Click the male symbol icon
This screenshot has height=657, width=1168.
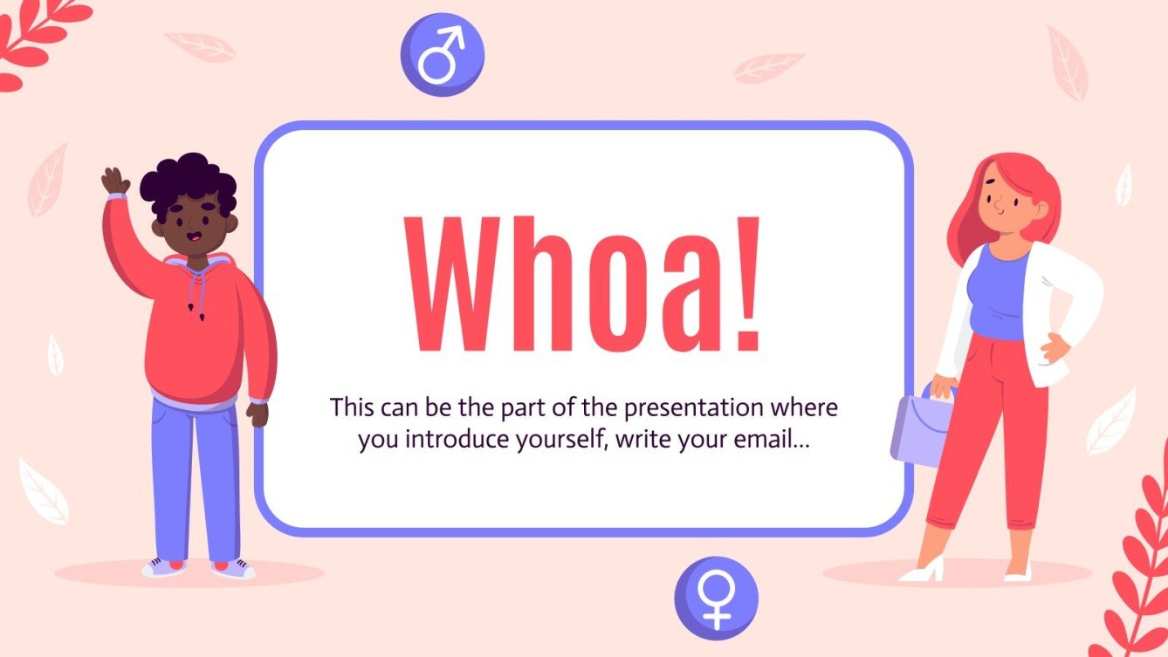coord(442,55)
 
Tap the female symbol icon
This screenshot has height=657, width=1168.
coord(716,598)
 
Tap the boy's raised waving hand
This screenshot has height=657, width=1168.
coord(114,181)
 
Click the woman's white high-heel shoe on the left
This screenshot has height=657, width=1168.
coord(923,572)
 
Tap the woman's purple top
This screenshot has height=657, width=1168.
coord(1000,292)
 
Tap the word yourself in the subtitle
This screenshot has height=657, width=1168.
coord(561,440)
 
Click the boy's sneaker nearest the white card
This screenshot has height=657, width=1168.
coord(234,568)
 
